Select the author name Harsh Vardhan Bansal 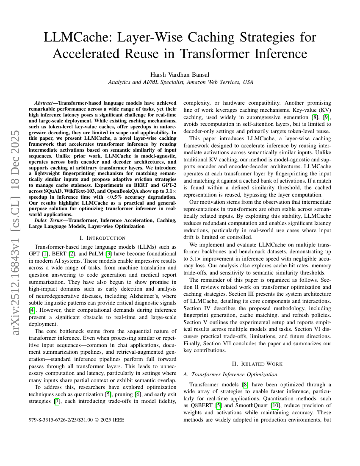180,75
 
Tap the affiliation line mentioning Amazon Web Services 180,82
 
